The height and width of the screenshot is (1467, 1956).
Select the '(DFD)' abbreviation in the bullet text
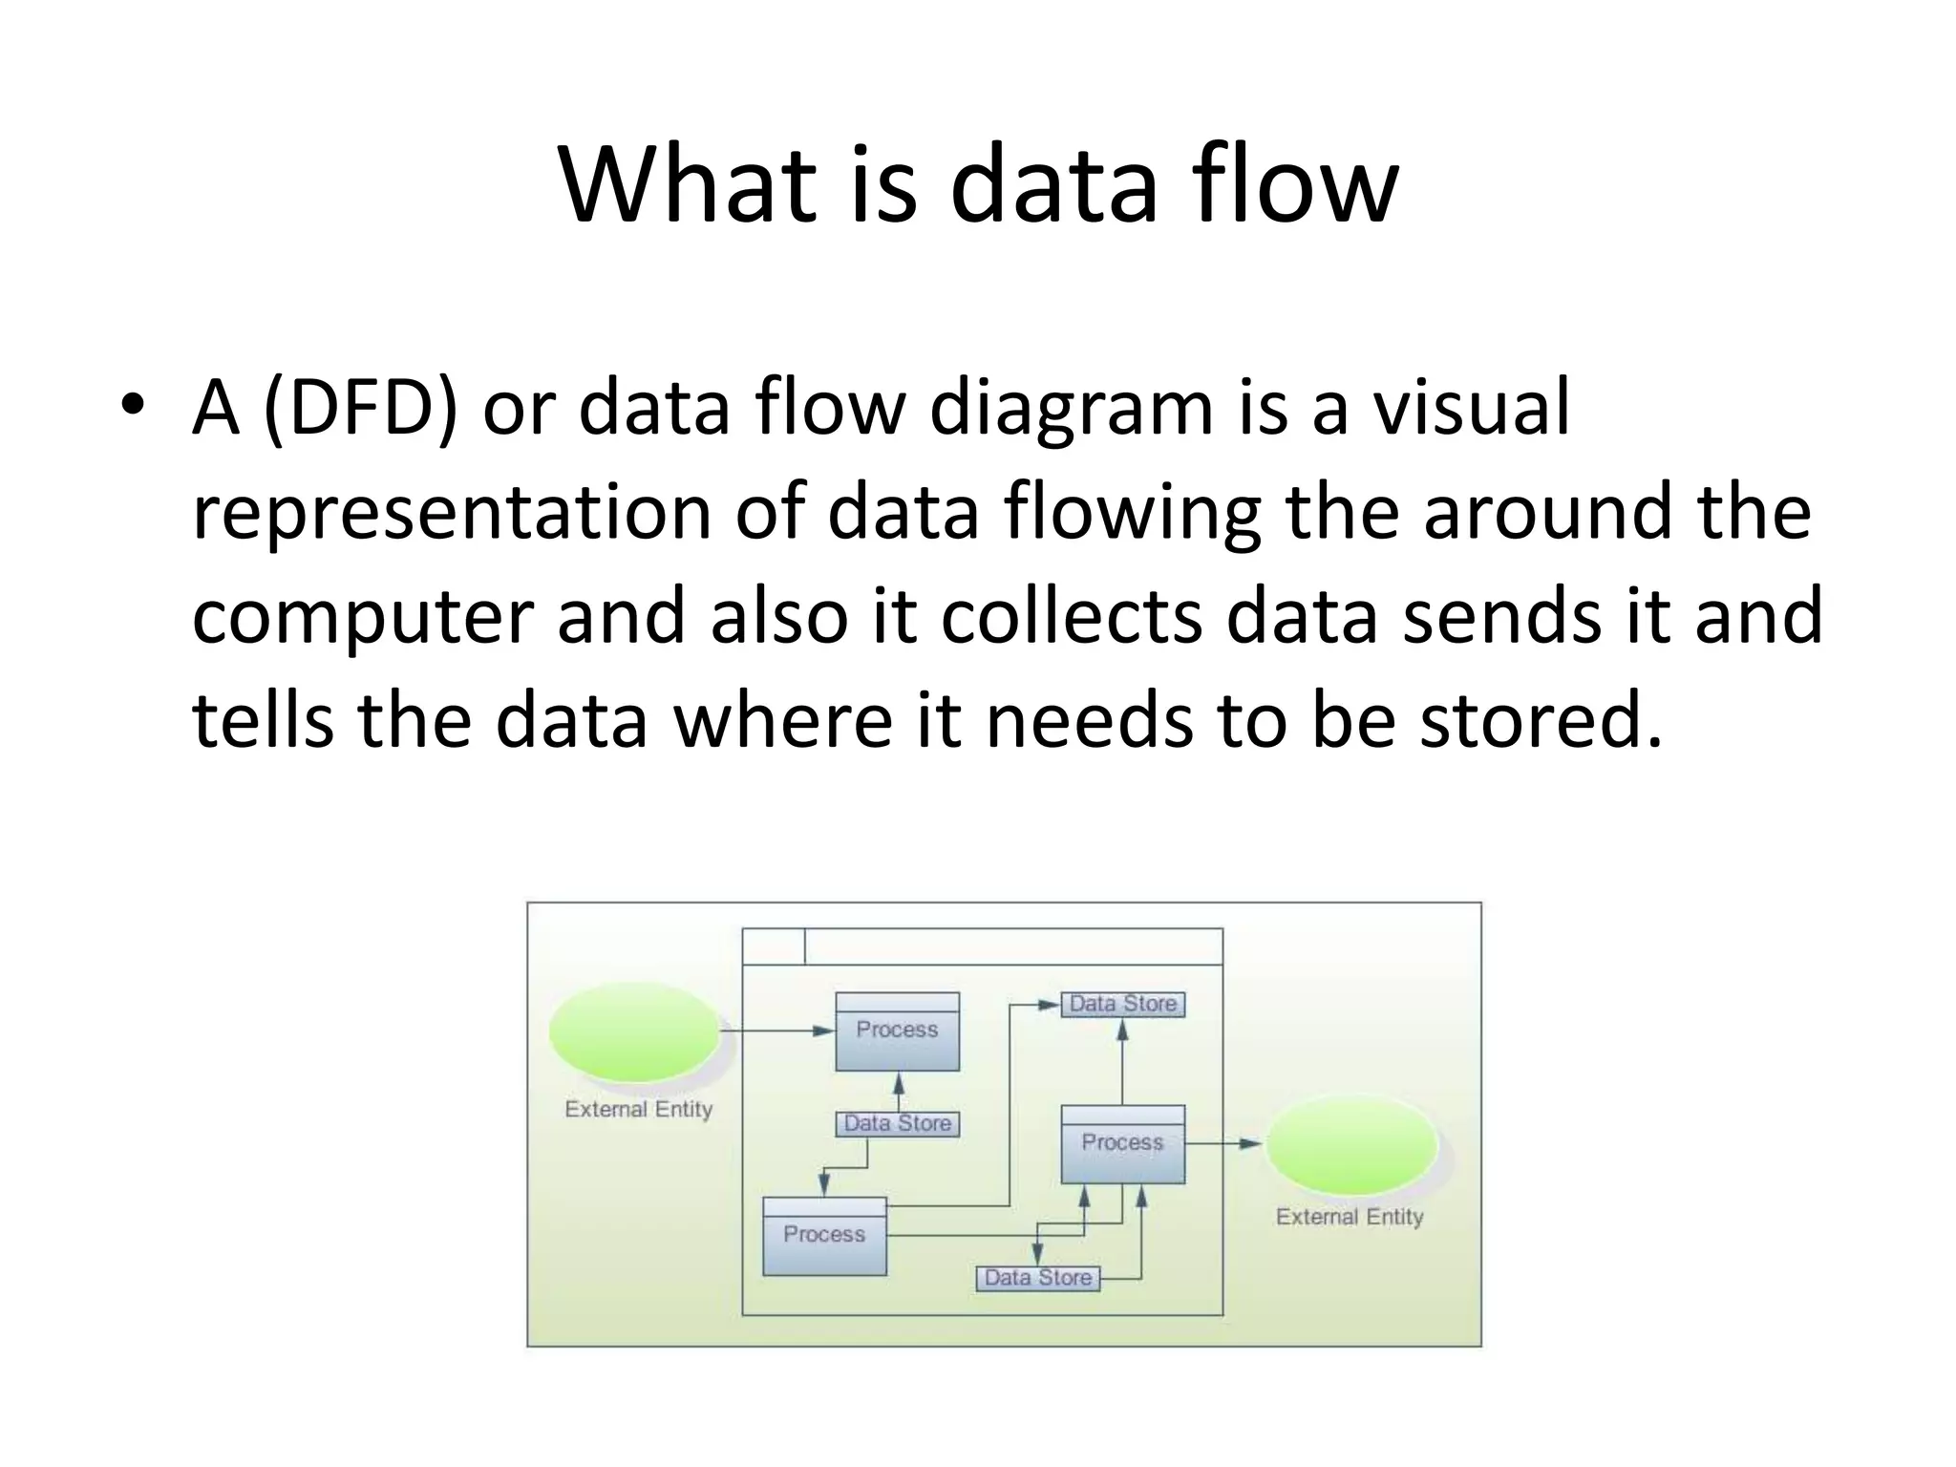tap(360, 409)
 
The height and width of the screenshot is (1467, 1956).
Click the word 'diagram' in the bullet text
tap(1071, 409)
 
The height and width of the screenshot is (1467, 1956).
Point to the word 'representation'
tap(452, 513)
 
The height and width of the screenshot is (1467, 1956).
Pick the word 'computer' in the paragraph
tap(362, 617)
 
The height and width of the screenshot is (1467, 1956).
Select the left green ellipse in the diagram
tap(634, 1032)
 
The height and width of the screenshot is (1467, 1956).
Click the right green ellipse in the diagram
tap(1351, 1144)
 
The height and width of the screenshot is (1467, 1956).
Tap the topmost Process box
tap(898, 1031)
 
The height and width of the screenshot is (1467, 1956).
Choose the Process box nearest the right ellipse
tap(1122, 1144)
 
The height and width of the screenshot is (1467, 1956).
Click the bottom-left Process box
tap(824, 1236)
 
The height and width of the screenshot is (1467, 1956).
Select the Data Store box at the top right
tap(1123, 1004)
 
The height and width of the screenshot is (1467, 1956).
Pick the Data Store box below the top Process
tap(898, 1124)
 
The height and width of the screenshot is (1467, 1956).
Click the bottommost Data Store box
tap(1037, 1278)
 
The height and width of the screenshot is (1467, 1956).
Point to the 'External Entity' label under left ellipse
tap(638, 1110)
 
